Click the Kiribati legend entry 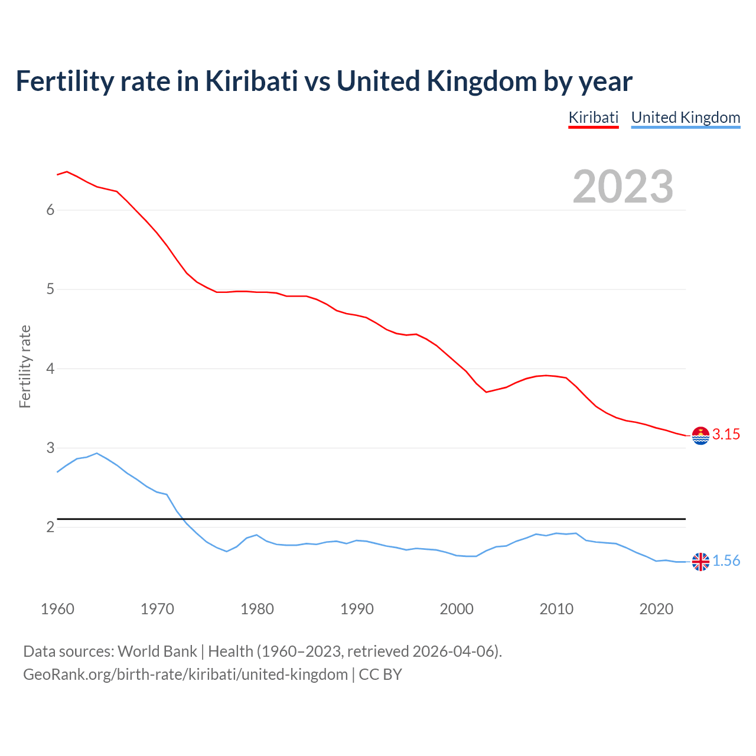coord(593,118)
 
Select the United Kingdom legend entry coord(685,118)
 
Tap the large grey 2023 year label coord(623,187)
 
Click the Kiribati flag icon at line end coord(700,435)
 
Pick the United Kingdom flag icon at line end coord(700,562)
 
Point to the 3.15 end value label coord(726,435)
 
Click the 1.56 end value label coord(726,561)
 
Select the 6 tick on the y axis coord(50,210)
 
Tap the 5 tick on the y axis coord(50,289)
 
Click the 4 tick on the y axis coord(50,369)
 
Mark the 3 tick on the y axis coord(50,448)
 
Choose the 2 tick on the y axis coord(50,527)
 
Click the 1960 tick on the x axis coord(57,609)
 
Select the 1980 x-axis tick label coord(257,609)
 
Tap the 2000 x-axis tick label coord(457,609)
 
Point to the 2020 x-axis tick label coord(656,609)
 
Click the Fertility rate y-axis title coord(25,366)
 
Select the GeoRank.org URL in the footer coord(185,674)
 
